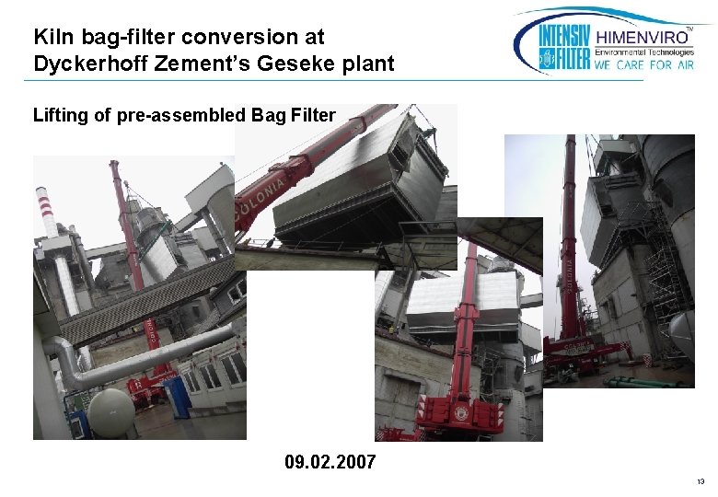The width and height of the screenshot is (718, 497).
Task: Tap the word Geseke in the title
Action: (303, 64)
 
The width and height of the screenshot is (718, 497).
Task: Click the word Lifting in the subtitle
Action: (60, 115)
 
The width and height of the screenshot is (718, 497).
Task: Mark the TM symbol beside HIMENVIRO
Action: (690, 29)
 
